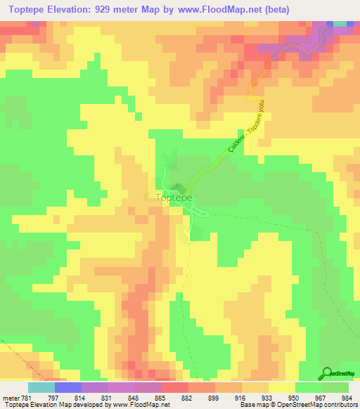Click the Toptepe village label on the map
tap(172, 198)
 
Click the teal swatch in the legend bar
tap(41, 387)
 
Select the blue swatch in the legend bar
tap(67, 387)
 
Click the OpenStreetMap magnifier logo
tap(328, 373)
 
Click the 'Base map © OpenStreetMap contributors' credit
tap(297, 404)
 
